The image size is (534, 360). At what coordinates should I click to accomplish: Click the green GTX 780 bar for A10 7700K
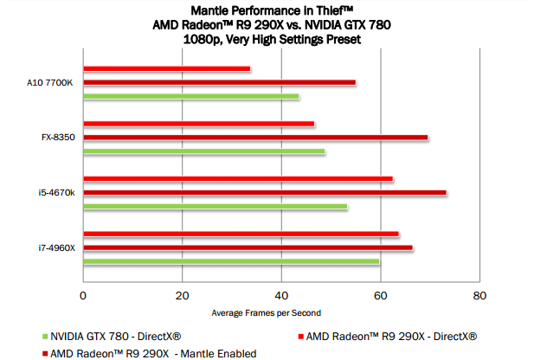(190, 96)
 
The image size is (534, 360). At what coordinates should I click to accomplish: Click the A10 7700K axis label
(50, 82)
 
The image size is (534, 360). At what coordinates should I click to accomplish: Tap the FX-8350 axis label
(55, 138)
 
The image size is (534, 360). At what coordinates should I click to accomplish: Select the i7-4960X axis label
(56, 248)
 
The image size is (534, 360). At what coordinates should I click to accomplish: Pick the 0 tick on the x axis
(83, 295)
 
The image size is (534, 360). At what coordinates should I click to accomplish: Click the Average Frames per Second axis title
(266, 312)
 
